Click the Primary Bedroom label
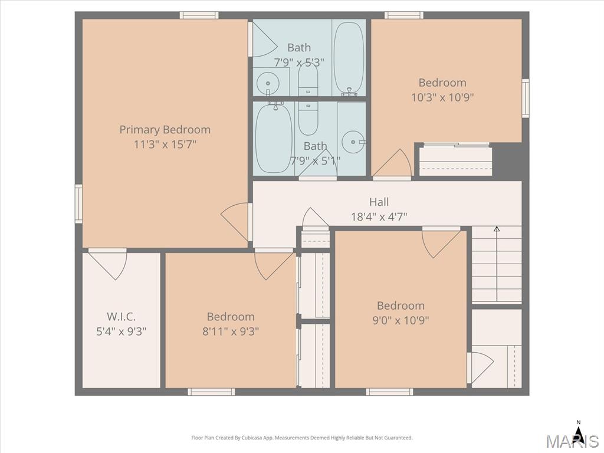pyautogui.click(x=165, y=130)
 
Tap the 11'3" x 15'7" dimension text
pyautogui.click(x=165, y=145)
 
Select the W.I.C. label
pyautogui.click(x=121, y=317)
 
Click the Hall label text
pyautogui.click(x=379, y=202)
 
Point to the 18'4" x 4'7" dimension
pyautogui.click(x=379, y=217)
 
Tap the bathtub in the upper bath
pyautogui.click(x=349, y=58)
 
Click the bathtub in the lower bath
pyautogui.click(x=274, y=138)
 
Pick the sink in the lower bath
pyautogui.click(x=354, y=142)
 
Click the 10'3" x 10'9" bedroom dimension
pyautogui.click(x=442, y=97)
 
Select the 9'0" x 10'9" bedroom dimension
pyautogui.click(x=401, y=320)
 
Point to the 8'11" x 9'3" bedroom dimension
pyautogui.click(x=231, y=331)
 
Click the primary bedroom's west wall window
pyautogui.click(x=78, y=203)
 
